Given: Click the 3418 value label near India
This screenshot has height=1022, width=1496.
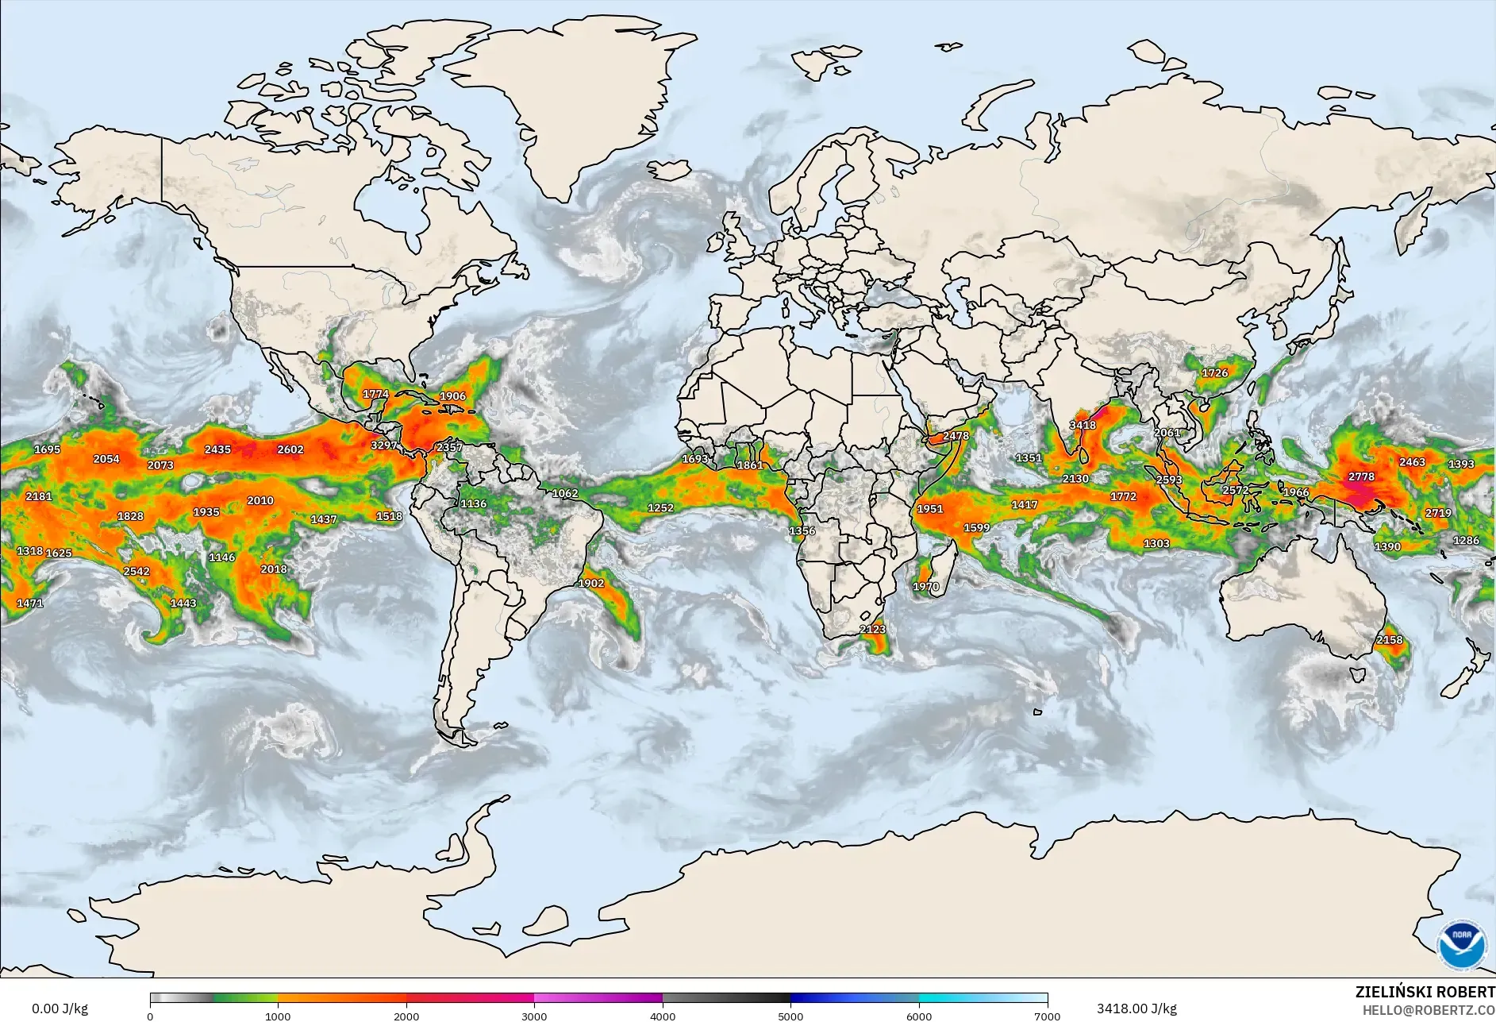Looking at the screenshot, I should [x=1083, y=425].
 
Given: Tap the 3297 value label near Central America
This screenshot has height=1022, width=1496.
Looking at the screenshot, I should [x=384, y=445].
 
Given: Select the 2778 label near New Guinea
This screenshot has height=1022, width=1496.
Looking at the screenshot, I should [x=1361, y=476].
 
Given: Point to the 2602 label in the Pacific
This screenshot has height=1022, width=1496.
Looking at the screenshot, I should [x=290, y=449].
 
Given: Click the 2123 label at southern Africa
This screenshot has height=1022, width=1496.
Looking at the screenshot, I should [x=872, y=629].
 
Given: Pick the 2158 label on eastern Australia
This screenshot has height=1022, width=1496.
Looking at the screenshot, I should [x=1389, y=639].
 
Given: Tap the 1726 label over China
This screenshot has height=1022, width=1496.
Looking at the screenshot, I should [x=1214, y=372].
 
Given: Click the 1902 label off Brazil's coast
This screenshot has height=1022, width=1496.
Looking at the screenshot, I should [x=591, y=583].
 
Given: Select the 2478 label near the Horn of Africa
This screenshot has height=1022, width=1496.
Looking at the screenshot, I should [x=956, y=435].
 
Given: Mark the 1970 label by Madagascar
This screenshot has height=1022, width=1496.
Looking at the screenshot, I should [x=925, y=587].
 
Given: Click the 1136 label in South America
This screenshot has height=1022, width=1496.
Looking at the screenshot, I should [x=473, y=503].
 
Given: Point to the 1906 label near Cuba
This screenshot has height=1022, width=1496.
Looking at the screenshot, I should [x=452, y=395].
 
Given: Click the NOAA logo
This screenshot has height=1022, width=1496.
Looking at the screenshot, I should [x=1462, y=944].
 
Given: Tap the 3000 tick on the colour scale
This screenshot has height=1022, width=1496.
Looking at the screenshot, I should [x=534, y=1016].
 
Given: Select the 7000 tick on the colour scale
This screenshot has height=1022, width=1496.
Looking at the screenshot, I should [x=1048, y=1016].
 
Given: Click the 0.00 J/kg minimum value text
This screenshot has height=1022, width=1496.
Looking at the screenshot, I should [x=60, y=1009].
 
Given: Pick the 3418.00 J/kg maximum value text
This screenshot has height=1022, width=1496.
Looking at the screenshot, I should [x=1136, y=1009].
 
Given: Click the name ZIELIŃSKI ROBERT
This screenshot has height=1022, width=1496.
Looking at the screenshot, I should [x=1425, y=992].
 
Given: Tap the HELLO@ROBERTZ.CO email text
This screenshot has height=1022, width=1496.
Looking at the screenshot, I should [x=1429, y=1010].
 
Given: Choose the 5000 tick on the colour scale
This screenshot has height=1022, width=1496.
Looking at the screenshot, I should [x=790, y=1016].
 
